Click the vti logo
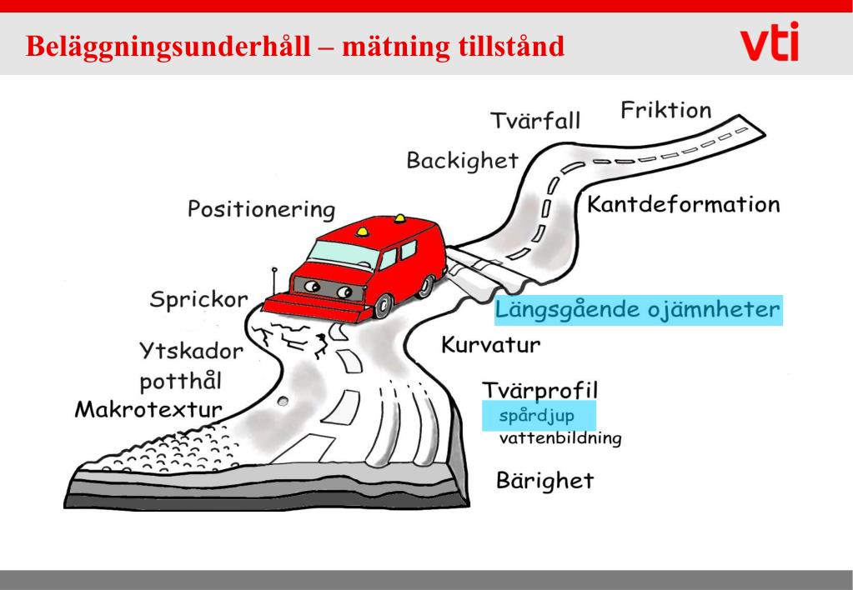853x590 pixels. pyautogui.click(x=768, y=42)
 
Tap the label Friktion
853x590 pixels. pyautogui.click(x=665, y=111)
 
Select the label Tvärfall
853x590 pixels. pyautogui.click(x=534, y=121)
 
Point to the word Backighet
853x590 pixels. pyautogui.click(x=462, y=160)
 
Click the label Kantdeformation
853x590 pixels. pyautogui.click(x=684, y=204)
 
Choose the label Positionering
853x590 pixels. pyautogui.click(x=261, y=209)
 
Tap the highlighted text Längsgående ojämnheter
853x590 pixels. pyautogui.click(x=638, y=312)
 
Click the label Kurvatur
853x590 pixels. pyautogui.click(x=491, y=344)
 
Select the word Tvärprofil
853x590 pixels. pyautogui.click(x=540, y=390)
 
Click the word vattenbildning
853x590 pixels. pyautogui.click(x=560, y=438)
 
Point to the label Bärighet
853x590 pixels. pyautogui.click(x=544, y=481)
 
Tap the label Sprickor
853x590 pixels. pyautogui.click(x=198, y=300)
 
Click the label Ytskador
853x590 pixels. pyautogui.click(x=191, y=352)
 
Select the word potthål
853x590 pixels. pyautogui.click(x=180, y=382)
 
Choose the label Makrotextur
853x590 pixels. pyautogui.click(x=148, y=409)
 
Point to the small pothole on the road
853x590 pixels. pyautogui.click(x=283, y=402)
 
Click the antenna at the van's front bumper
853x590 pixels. pyautogui.click(x=274, y=282)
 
